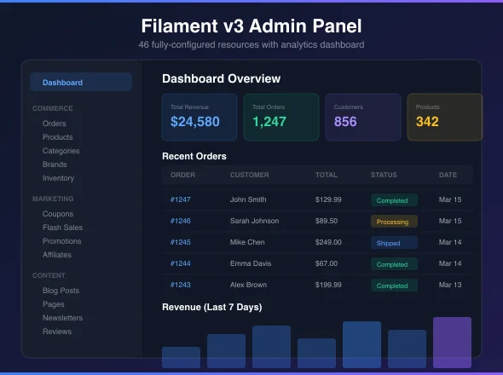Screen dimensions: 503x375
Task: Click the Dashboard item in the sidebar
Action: [81, 82]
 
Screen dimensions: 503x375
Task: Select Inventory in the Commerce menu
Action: [58, 178]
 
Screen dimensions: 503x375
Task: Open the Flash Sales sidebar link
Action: [62, 228]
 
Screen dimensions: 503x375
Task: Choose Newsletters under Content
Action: [62, 318]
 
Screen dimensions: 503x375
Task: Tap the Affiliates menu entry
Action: [57, 255]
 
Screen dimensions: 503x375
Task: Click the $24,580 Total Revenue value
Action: [195, 122]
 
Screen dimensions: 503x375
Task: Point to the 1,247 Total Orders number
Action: [269, 122]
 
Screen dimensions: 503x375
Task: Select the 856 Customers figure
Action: [345, 122]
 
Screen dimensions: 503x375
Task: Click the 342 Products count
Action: [427, 122]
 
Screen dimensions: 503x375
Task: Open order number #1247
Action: [180, 199]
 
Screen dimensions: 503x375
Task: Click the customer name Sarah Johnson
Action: [254, 221]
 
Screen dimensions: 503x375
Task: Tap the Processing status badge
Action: [394, 222]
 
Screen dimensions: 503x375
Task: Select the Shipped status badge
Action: [394, 243]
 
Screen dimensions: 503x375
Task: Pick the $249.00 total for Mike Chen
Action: [328, 242]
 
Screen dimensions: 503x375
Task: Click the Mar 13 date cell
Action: [450, 285]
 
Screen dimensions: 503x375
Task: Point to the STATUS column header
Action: [384, 175]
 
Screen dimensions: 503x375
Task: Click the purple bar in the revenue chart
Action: [453, 343]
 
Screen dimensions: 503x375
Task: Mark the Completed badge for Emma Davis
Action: [394, 264]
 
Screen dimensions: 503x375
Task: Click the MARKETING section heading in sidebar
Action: [53, 199]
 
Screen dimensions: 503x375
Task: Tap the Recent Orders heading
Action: [194, 156]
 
